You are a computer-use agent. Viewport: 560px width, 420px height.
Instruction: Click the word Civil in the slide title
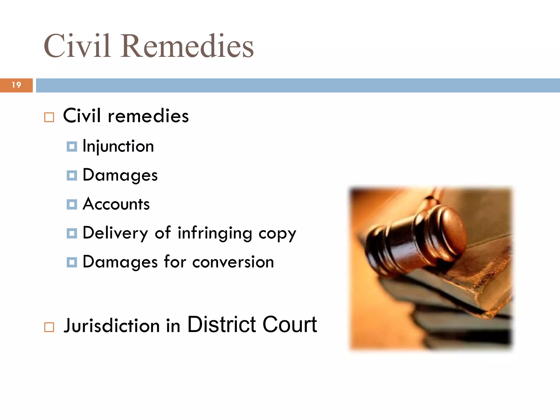click(77, 46)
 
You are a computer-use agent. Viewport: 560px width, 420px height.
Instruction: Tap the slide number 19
click(16, 85)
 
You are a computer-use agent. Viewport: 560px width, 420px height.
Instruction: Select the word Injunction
click(118, 146)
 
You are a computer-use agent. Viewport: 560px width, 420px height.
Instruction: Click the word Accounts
click(116, 204)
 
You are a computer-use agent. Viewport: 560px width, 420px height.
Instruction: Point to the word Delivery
click(115, 233)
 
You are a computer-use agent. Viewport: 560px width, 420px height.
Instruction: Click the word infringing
click(215, 233)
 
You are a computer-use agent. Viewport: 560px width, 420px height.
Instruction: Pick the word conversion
click(233, 262)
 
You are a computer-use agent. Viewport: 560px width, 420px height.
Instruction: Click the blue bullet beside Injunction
click(72, 147)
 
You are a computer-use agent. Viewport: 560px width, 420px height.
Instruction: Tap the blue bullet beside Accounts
click(72, 204)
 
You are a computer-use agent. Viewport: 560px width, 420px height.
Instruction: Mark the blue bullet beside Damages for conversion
click(72, 262)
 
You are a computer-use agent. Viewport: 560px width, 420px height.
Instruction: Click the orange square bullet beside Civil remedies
click(49, 117)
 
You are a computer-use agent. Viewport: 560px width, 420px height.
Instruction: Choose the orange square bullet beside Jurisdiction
click(49, 327)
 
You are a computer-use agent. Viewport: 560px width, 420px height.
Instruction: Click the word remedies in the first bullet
click(148, 116)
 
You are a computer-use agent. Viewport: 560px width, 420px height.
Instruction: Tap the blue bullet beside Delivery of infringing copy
click(72, 233)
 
